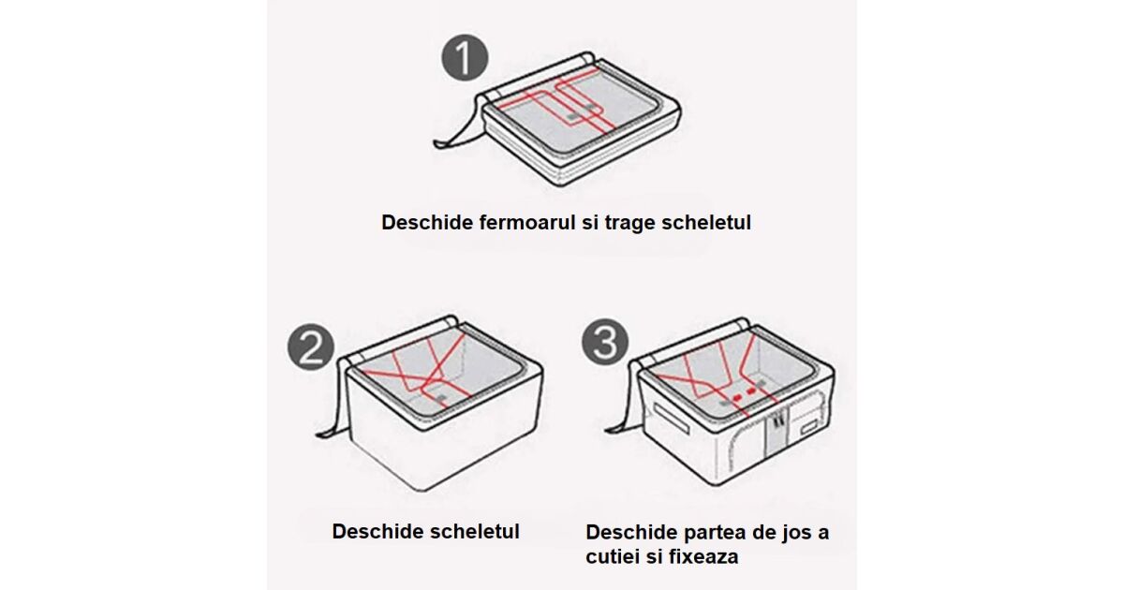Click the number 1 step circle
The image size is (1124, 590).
(x=465, y=57)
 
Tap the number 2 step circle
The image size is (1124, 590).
(x=311, y=347)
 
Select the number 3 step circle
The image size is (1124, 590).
(x=605, y=342)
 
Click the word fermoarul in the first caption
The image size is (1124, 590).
(x=527, y=222)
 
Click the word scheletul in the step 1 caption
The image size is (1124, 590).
(x=706, y=222)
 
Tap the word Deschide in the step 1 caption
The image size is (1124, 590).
(x=427, y=222)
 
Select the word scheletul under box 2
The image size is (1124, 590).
(x=474, y=531)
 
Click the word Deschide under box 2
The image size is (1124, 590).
(x=377, y=531)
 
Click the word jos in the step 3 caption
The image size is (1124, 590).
(x=794, y=532)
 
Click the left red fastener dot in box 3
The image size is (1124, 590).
(x=737, y=397)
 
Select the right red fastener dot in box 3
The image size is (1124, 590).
(x=751, y=391)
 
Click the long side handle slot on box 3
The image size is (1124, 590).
(x=672, y=416)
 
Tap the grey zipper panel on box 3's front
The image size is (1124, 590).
(x=776, y=432)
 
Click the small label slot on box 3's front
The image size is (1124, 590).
(x=809, y=428)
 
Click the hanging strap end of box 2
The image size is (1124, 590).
(x=326, y=433)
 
